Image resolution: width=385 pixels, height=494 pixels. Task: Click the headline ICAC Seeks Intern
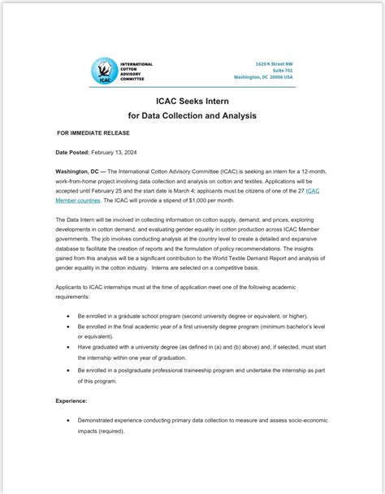(192, 102)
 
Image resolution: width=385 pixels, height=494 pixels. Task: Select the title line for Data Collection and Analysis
(192, 116)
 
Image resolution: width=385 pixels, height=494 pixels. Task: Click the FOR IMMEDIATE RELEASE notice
(91, 132)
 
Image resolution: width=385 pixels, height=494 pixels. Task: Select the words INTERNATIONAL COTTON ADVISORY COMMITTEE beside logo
(135, 71)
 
